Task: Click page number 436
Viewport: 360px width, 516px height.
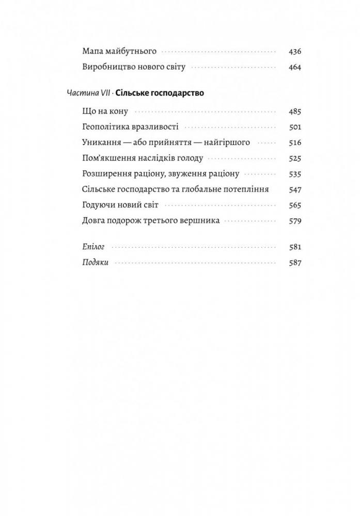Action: [x=295, y=52]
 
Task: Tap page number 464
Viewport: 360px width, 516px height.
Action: [x=295, y=67]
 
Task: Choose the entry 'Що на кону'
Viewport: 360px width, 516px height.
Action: [x=105, y=111]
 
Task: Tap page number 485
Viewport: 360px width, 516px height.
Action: [x=295, y=111]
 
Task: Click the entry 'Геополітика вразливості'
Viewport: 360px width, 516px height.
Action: [x=130, y=127]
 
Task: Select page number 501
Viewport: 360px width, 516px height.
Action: [x=295, y=127]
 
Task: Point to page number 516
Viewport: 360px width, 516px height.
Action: [x=295, y=142]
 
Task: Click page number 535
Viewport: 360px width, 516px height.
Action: [x=295, y=174]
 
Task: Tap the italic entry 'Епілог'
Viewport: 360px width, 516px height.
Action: [x=93, y=247]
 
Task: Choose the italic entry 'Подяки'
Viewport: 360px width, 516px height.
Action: [x=95, y=263]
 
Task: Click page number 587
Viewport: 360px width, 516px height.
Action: [x=295, y=263]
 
